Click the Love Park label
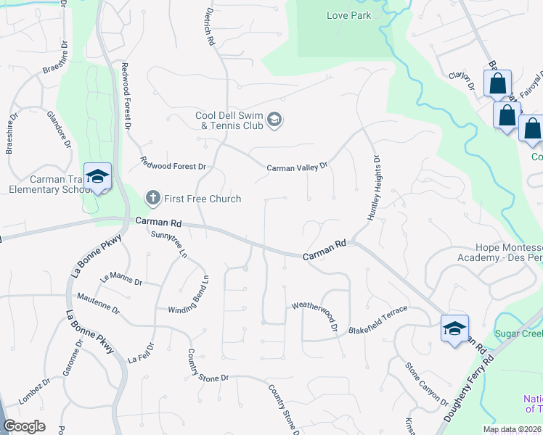click(348, 15)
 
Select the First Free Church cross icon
click(152, 197)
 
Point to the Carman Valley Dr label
click(297, 167)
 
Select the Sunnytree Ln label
click(169, 244)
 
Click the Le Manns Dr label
click(121, 278)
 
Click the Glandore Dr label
click(58, 129)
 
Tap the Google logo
click(24, 426)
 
